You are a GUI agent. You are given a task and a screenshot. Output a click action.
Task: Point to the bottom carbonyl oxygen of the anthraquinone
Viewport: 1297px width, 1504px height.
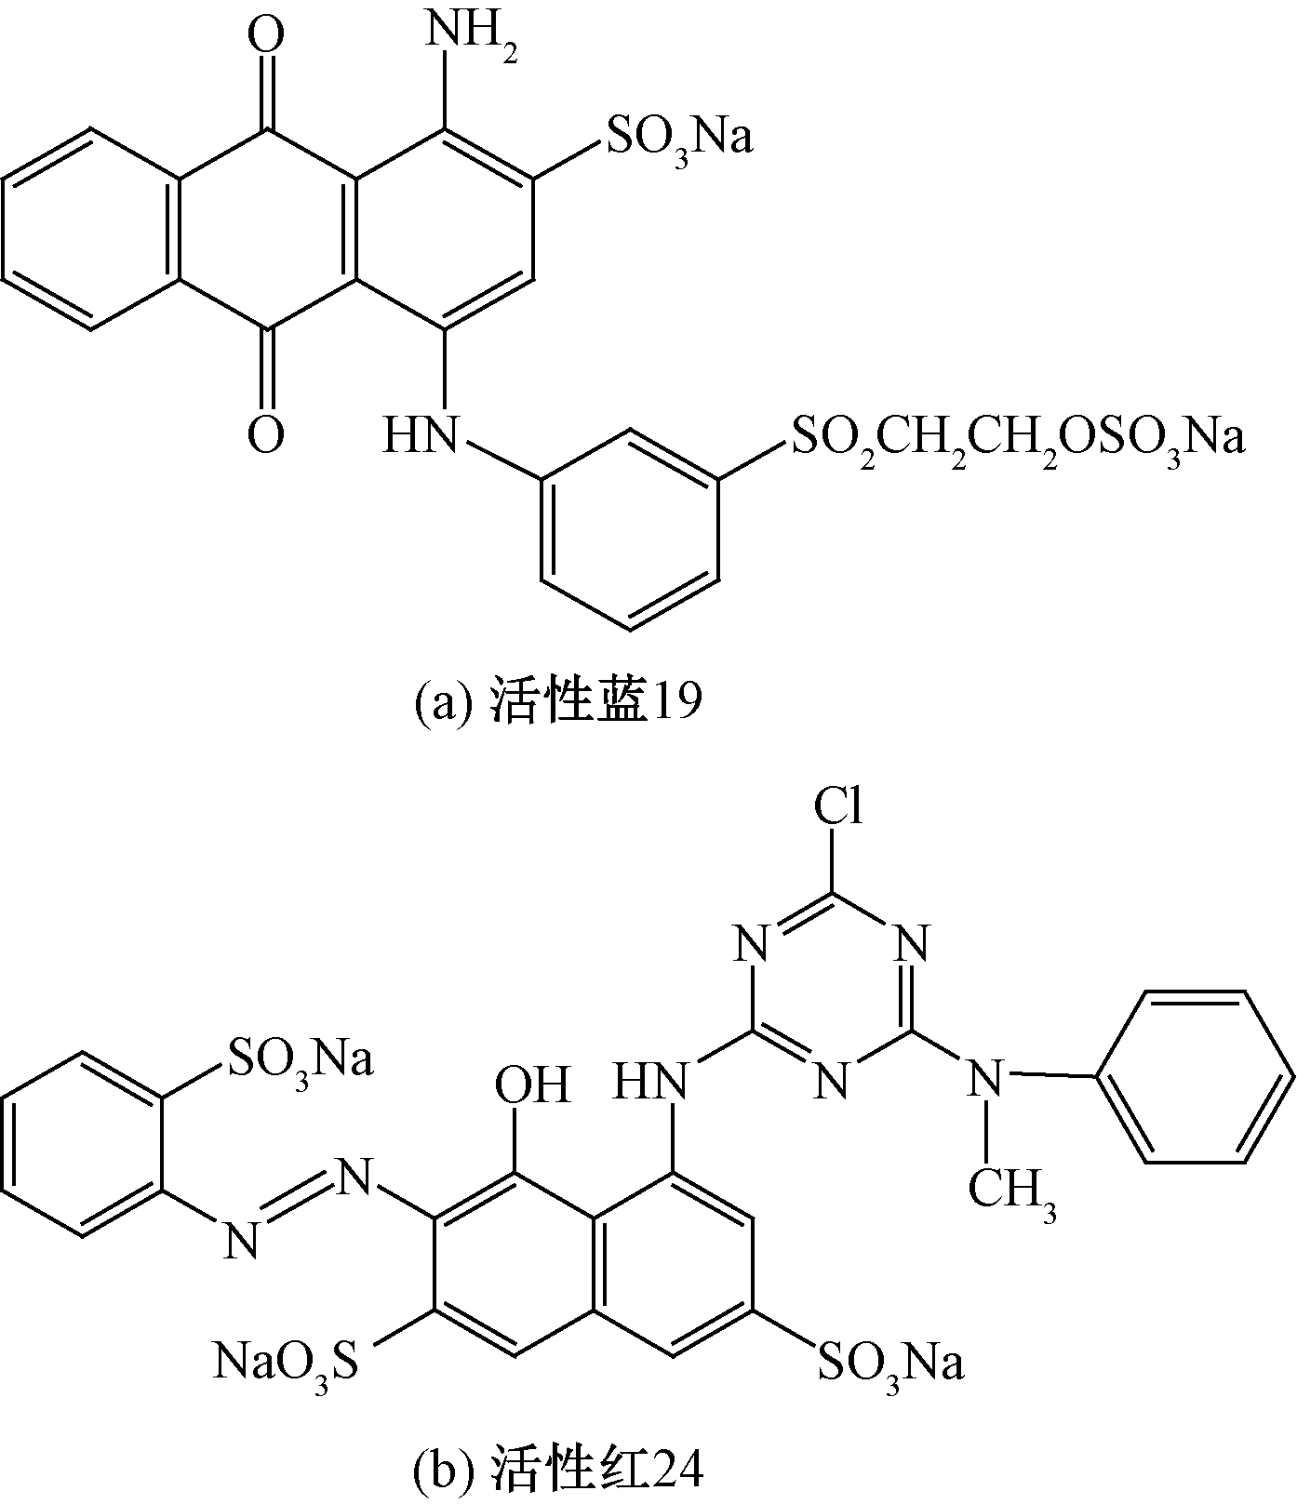267,433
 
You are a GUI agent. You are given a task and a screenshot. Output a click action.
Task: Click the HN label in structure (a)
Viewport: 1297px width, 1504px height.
421,433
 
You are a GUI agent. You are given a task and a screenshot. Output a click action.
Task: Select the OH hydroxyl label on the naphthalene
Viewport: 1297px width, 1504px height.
532,1085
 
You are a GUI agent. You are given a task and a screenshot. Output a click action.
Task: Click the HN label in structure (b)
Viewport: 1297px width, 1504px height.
651,1081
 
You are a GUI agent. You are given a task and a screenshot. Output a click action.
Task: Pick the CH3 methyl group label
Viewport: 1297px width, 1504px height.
1011,1191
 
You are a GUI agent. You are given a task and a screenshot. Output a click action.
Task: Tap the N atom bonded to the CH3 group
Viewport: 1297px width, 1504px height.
986,1079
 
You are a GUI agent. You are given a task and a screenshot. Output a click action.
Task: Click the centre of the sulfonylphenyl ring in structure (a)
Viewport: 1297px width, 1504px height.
631,530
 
